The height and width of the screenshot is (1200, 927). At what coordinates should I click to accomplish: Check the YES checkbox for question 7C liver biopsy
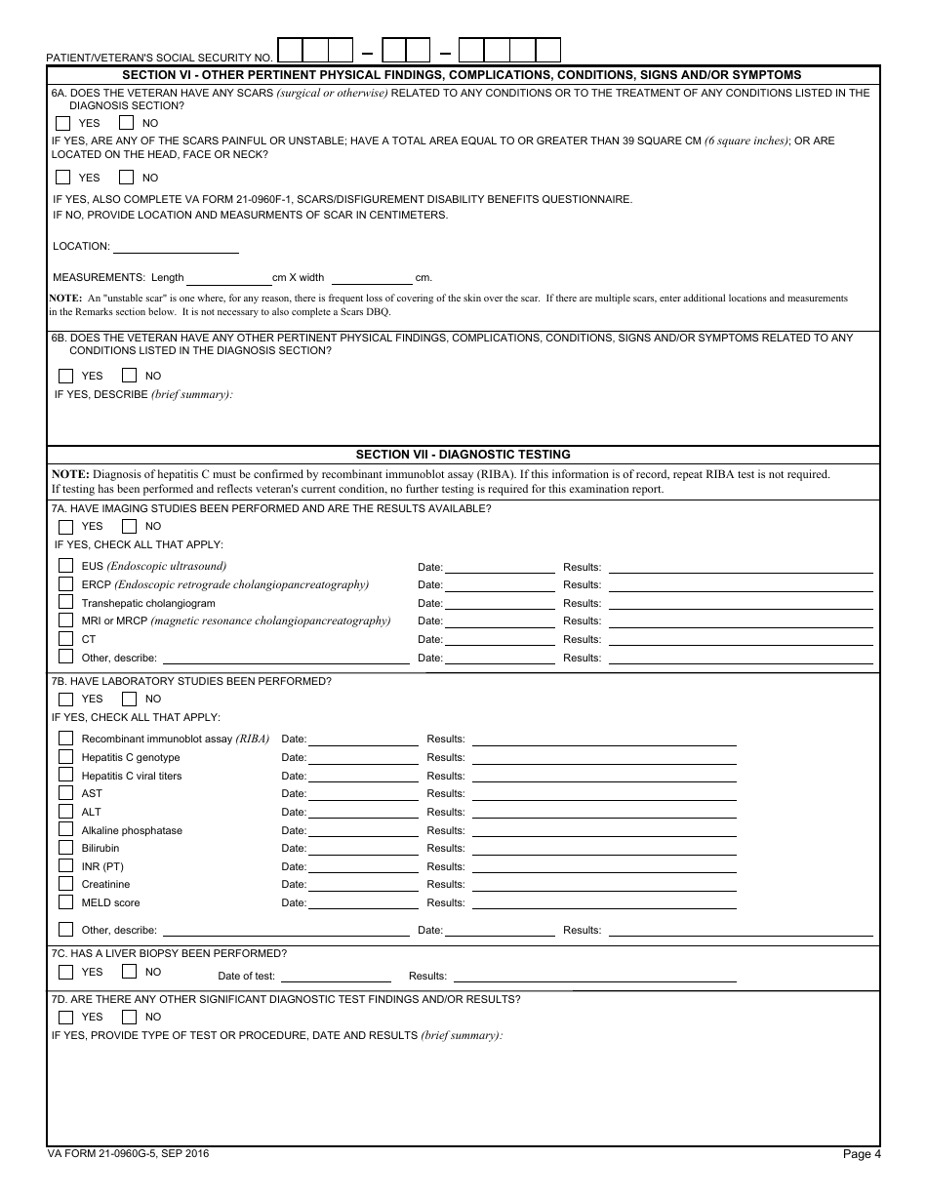pyautogui.click(x=66, y=972)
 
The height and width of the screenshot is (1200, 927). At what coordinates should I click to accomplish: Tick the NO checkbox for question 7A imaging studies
pyautogui.click(x=129, y=527)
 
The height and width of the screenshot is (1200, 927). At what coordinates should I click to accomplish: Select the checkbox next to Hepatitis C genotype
pyautogui.click(x=65, y=757)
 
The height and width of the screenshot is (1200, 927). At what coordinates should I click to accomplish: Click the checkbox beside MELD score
pyautogui.click(x=65, y=902)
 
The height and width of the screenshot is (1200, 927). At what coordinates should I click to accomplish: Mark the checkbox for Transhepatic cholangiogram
pyautogui.click(x=65, y=603)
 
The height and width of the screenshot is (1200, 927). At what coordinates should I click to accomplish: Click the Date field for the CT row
pyautogui.click(x=499, y=639)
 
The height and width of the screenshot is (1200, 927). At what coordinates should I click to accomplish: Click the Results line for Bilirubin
pyautogui.click(x=603, y=848)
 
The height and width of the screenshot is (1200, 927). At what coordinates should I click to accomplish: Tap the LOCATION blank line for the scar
pyautogui.click(x=176, y=246)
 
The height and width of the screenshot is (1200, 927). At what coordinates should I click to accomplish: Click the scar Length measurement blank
pyautogui.click(x=228, y=277)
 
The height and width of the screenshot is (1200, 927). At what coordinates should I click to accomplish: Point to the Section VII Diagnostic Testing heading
pyautogui.click(x=463, y=455)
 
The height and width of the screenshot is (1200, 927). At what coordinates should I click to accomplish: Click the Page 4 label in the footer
pyautogui.click(x=862, y=1155)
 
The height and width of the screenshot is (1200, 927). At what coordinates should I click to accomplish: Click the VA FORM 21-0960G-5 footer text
pyautogui.click(x=128, y=1154)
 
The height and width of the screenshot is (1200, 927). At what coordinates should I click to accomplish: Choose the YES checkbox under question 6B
pyautogui.click(x=66, y=376)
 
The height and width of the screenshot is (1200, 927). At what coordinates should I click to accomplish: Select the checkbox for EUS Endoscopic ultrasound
pyautogui.click(x=65, y=566)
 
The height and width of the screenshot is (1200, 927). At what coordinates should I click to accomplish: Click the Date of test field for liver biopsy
pyautogui.click(x=336, y=976)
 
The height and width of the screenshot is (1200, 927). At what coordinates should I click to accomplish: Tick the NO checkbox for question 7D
pyautogui.click(x=129, y=1017)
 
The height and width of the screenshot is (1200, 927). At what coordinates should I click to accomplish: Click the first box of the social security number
pyautogui.click(x=290, y=50)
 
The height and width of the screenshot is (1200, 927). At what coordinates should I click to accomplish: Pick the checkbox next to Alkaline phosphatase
pyautogui.click(x=65, y=830)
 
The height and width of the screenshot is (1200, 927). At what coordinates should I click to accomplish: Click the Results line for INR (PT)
pyautogui.click(x=603, y=866)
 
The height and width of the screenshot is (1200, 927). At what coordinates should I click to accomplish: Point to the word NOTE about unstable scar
pyautogui.click(x=66, y=298)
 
